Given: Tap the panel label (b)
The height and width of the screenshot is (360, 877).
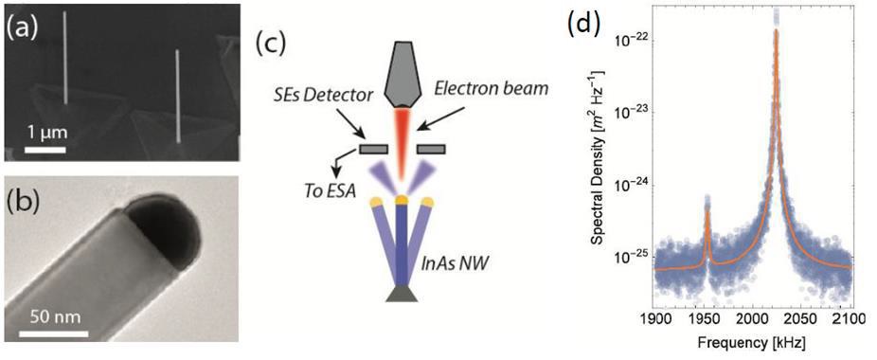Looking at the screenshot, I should (23, 202).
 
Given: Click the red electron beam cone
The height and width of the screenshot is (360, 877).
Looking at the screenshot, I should (403, 142).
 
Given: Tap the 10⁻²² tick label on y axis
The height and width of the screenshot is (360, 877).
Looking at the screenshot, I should (633, 41).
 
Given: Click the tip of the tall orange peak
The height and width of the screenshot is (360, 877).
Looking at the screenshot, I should (776, 30).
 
